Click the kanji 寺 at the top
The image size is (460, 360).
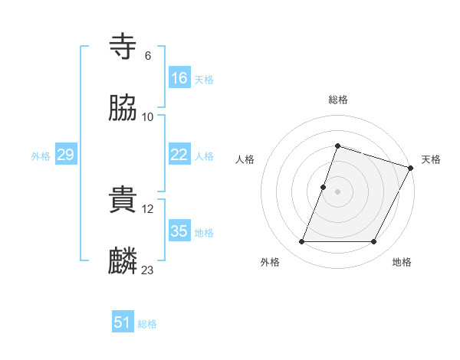point(123,47)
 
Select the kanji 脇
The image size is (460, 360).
point(123,109)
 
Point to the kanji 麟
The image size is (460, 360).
point(123,262)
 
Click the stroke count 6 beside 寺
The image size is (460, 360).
point(147,56)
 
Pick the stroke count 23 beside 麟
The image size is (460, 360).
point(148,270)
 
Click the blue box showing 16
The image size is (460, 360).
point(179,77)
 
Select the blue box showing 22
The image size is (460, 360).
point(179,155)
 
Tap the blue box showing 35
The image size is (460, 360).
point(179,231)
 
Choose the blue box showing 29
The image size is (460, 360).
point(65,155)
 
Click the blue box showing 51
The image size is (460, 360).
point(123,322)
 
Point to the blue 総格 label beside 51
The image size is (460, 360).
point(147,324)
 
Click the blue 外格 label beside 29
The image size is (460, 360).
point(41,156)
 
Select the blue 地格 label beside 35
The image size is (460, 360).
point(204,233)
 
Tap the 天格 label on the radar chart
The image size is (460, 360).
point(431,159)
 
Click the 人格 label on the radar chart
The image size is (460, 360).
point(245,159)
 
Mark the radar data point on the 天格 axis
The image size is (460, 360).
point(411,167)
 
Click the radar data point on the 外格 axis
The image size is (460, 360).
point(301,242)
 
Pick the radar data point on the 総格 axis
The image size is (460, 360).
point(337,146)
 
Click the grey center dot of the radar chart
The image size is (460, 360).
point(337,191)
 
